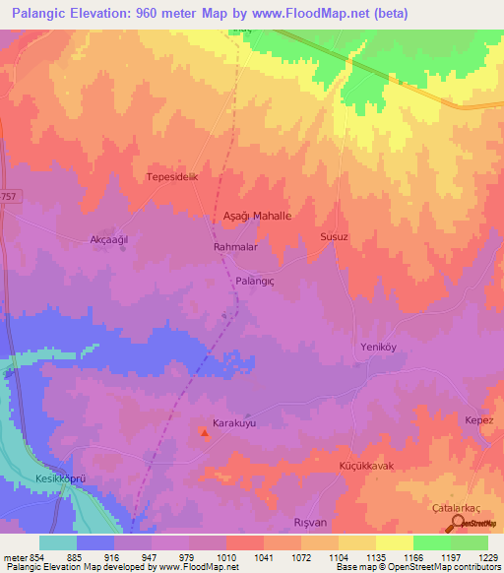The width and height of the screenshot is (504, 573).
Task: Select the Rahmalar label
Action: (x=235, y=247)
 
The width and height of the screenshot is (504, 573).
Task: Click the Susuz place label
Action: (x=335, y=237)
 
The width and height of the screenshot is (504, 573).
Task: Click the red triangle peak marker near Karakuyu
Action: (x=205, y=432)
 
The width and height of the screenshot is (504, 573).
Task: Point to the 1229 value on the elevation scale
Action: (x=486, y=556)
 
